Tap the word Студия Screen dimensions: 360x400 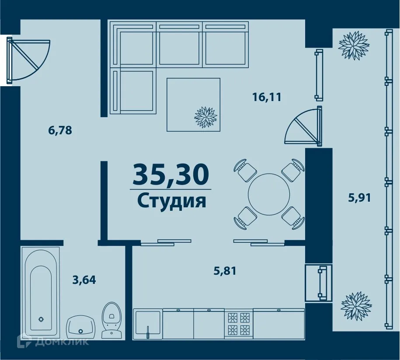[x=171, y=201]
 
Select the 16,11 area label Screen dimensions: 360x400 [x=266, y=97]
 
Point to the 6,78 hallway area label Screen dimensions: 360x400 [x=60, y=130]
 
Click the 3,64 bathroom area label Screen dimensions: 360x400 [x=83, y=279]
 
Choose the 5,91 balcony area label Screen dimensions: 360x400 [x=359, y=198]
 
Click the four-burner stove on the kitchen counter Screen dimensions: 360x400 [x=239, y=323]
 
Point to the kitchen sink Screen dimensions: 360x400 [x=148, y=324]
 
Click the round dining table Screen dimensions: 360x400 [x=269, y=194]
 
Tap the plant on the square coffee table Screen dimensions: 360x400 [x=205, y=117]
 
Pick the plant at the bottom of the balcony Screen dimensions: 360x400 [x=356, y=304]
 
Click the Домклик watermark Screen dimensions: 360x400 [x=52, y=341]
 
